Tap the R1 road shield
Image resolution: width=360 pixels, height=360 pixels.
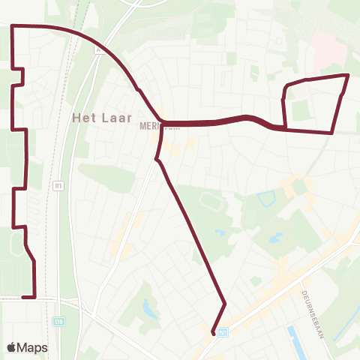(x=58, y=184)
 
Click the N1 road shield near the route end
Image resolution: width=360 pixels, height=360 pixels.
(x=223, y=331)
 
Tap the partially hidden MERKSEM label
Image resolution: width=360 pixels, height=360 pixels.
(x=150, y=126)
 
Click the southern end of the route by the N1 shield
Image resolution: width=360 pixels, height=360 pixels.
(x=214, y=333)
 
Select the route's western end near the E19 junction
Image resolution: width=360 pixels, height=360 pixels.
(x=23, y=297)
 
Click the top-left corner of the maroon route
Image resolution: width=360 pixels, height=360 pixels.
(x=13, y=26)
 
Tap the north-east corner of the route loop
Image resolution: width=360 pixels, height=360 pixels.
(x=348, y=76)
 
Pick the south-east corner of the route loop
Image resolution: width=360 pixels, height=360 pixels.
(x=331, y=133)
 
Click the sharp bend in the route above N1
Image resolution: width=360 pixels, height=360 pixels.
(x=225, y=303)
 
